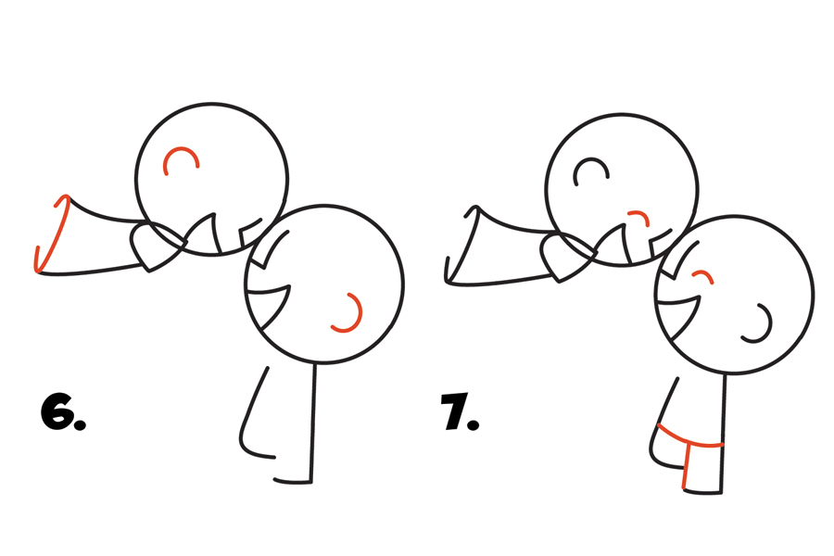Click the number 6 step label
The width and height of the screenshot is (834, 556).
tap(58, 411)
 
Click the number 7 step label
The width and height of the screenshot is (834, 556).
tap(454, 411)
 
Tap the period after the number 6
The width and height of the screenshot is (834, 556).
tap(81, 424)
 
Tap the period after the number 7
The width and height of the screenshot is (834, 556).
tap(474, 423)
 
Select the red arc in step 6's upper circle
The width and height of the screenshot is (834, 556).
tap(181, 149)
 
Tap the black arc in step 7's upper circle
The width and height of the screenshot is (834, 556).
tap(591, 159)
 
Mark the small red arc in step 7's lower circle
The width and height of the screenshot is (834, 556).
tap(703, 273)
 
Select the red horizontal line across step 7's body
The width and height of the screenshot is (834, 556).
tap(689, 440)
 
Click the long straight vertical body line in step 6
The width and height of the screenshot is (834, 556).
tap(313, 423)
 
